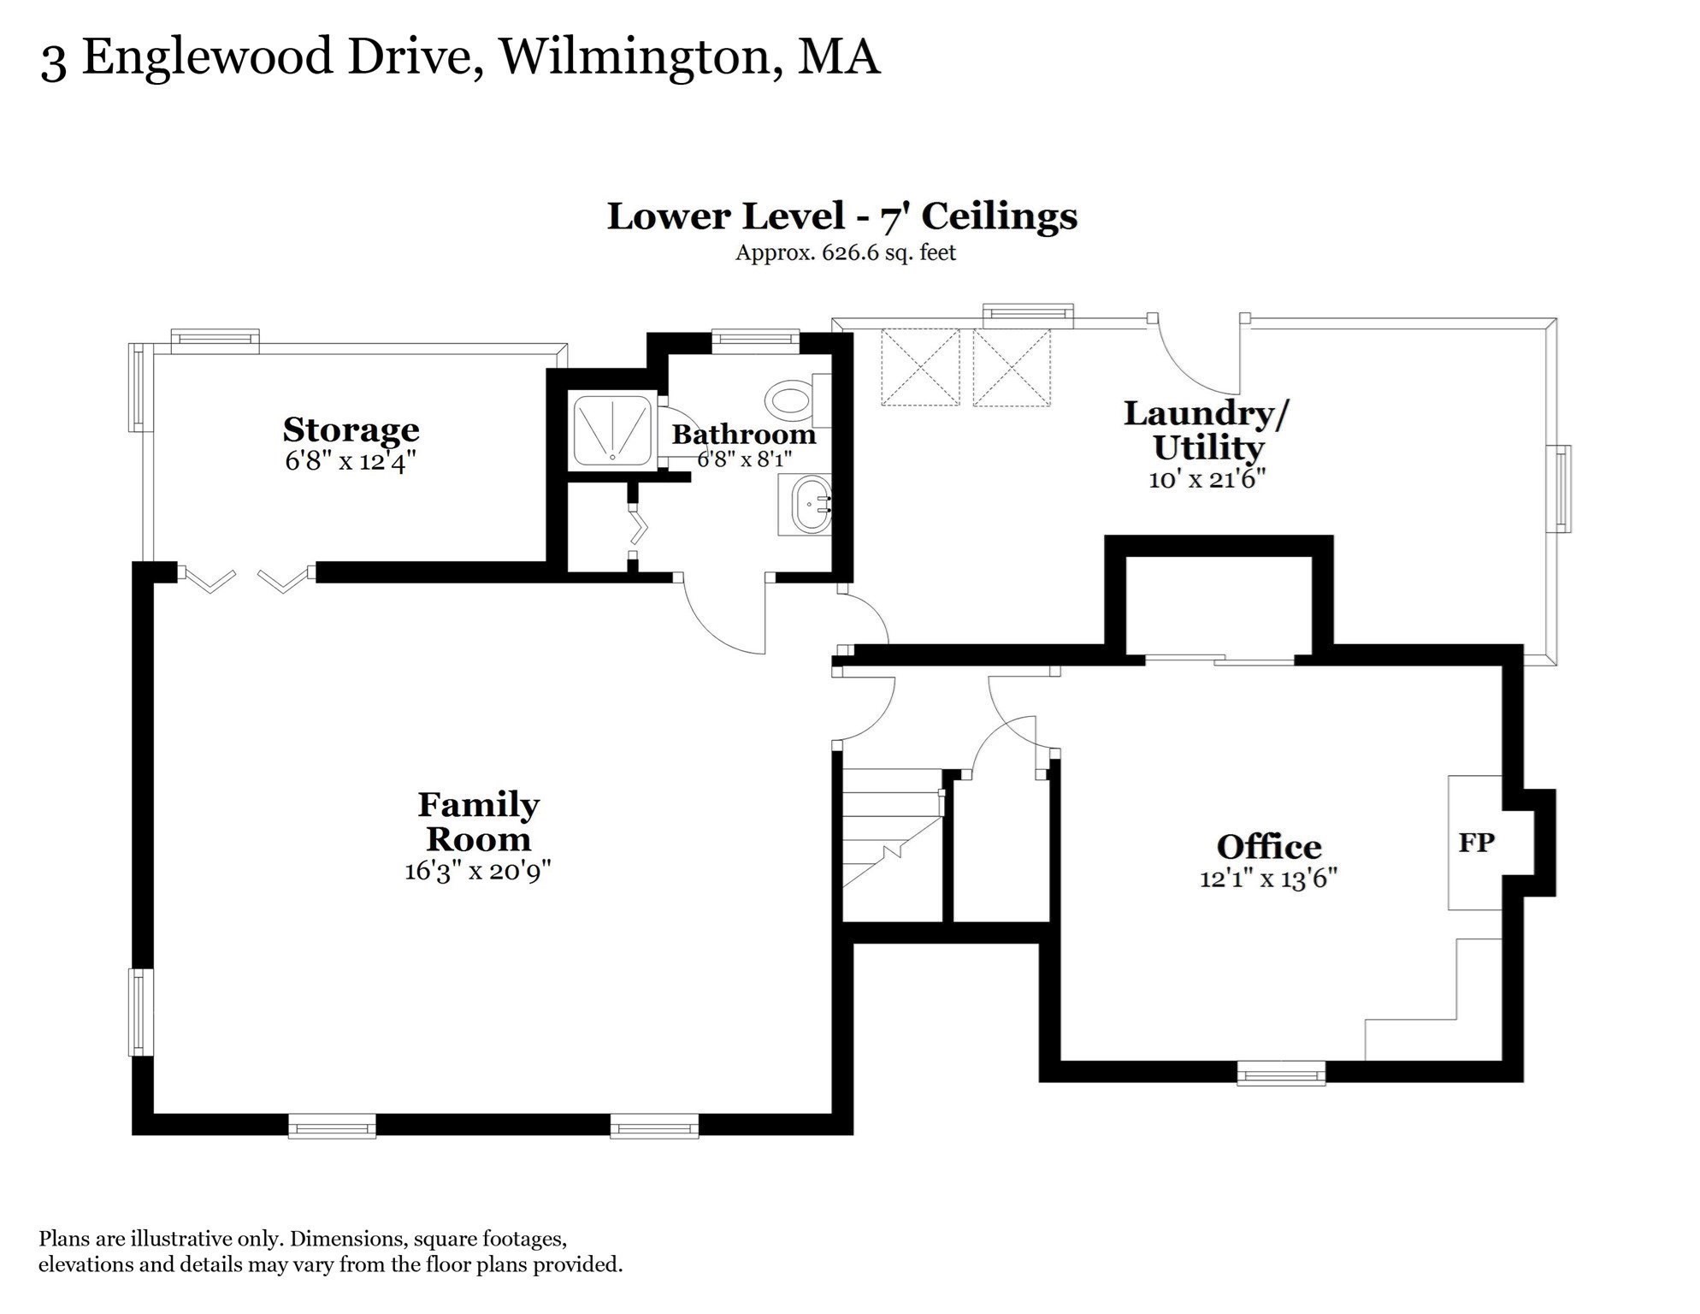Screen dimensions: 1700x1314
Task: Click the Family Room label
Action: click(478, 821)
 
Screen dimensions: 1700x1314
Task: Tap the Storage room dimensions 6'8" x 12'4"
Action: click(351, 462)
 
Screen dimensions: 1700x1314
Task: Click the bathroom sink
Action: click(805, 506)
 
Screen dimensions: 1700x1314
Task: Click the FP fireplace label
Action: click(1477, 843)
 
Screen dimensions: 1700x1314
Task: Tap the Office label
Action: click(1269, 847)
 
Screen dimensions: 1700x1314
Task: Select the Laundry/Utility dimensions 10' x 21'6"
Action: click(1207, 479)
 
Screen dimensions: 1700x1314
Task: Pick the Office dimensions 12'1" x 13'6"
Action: click(1269, 879)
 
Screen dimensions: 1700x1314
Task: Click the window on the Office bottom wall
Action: click(1281, 1073)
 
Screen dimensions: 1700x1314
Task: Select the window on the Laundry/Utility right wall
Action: click(1561, 488)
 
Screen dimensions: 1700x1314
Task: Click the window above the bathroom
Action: click(756, 341)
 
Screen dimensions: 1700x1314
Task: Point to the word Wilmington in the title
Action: click(635, 58)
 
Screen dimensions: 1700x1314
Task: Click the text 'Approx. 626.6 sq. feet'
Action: click(846, 253)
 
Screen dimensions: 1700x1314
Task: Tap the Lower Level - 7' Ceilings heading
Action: click(842, 216)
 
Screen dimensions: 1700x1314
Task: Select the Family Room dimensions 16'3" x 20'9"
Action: click(478, 871)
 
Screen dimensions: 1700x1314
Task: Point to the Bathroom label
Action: click(744, 434)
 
